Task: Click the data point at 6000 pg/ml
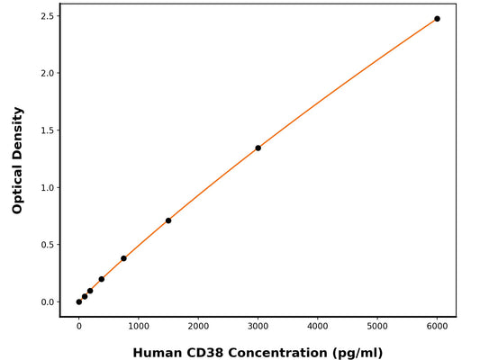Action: click(x=437, y=19)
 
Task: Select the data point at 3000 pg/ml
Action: click(x=258, y=148)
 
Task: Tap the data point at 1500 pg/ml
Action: click(x=168, y=220)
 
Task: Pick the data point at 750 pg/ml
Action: click(x=123, y=258)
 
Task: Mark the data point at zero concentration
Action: click(x=79, y=301)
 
